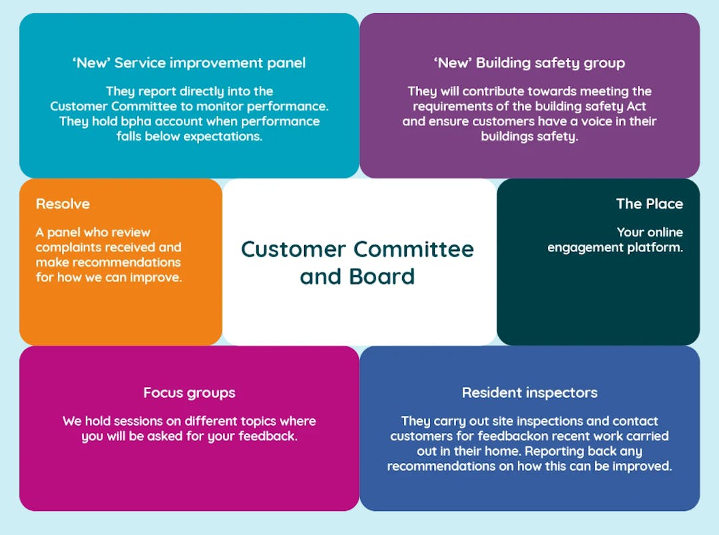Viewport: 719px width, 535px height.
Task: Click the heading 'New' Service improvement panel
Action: [189, 63]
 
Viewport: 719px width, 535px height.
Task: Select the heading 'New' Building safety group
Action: [529, 63]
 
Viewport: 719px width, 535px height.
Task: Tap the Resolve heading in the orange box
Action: [63, 204]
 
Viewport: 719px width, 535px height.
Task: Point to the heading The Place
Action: [649, 204]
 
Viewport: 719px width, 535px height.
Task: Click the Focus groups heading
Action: [189, 393]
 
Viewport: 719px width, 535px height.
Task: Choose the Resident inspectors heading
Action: [530, 393]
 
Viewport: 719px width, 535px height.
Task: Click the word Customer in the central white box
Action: [294, 250]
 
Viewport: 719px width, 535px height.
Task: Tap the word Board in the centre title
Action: [381, 276]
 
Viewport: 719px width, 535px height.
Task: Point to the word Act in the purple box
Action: [636, 107]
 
